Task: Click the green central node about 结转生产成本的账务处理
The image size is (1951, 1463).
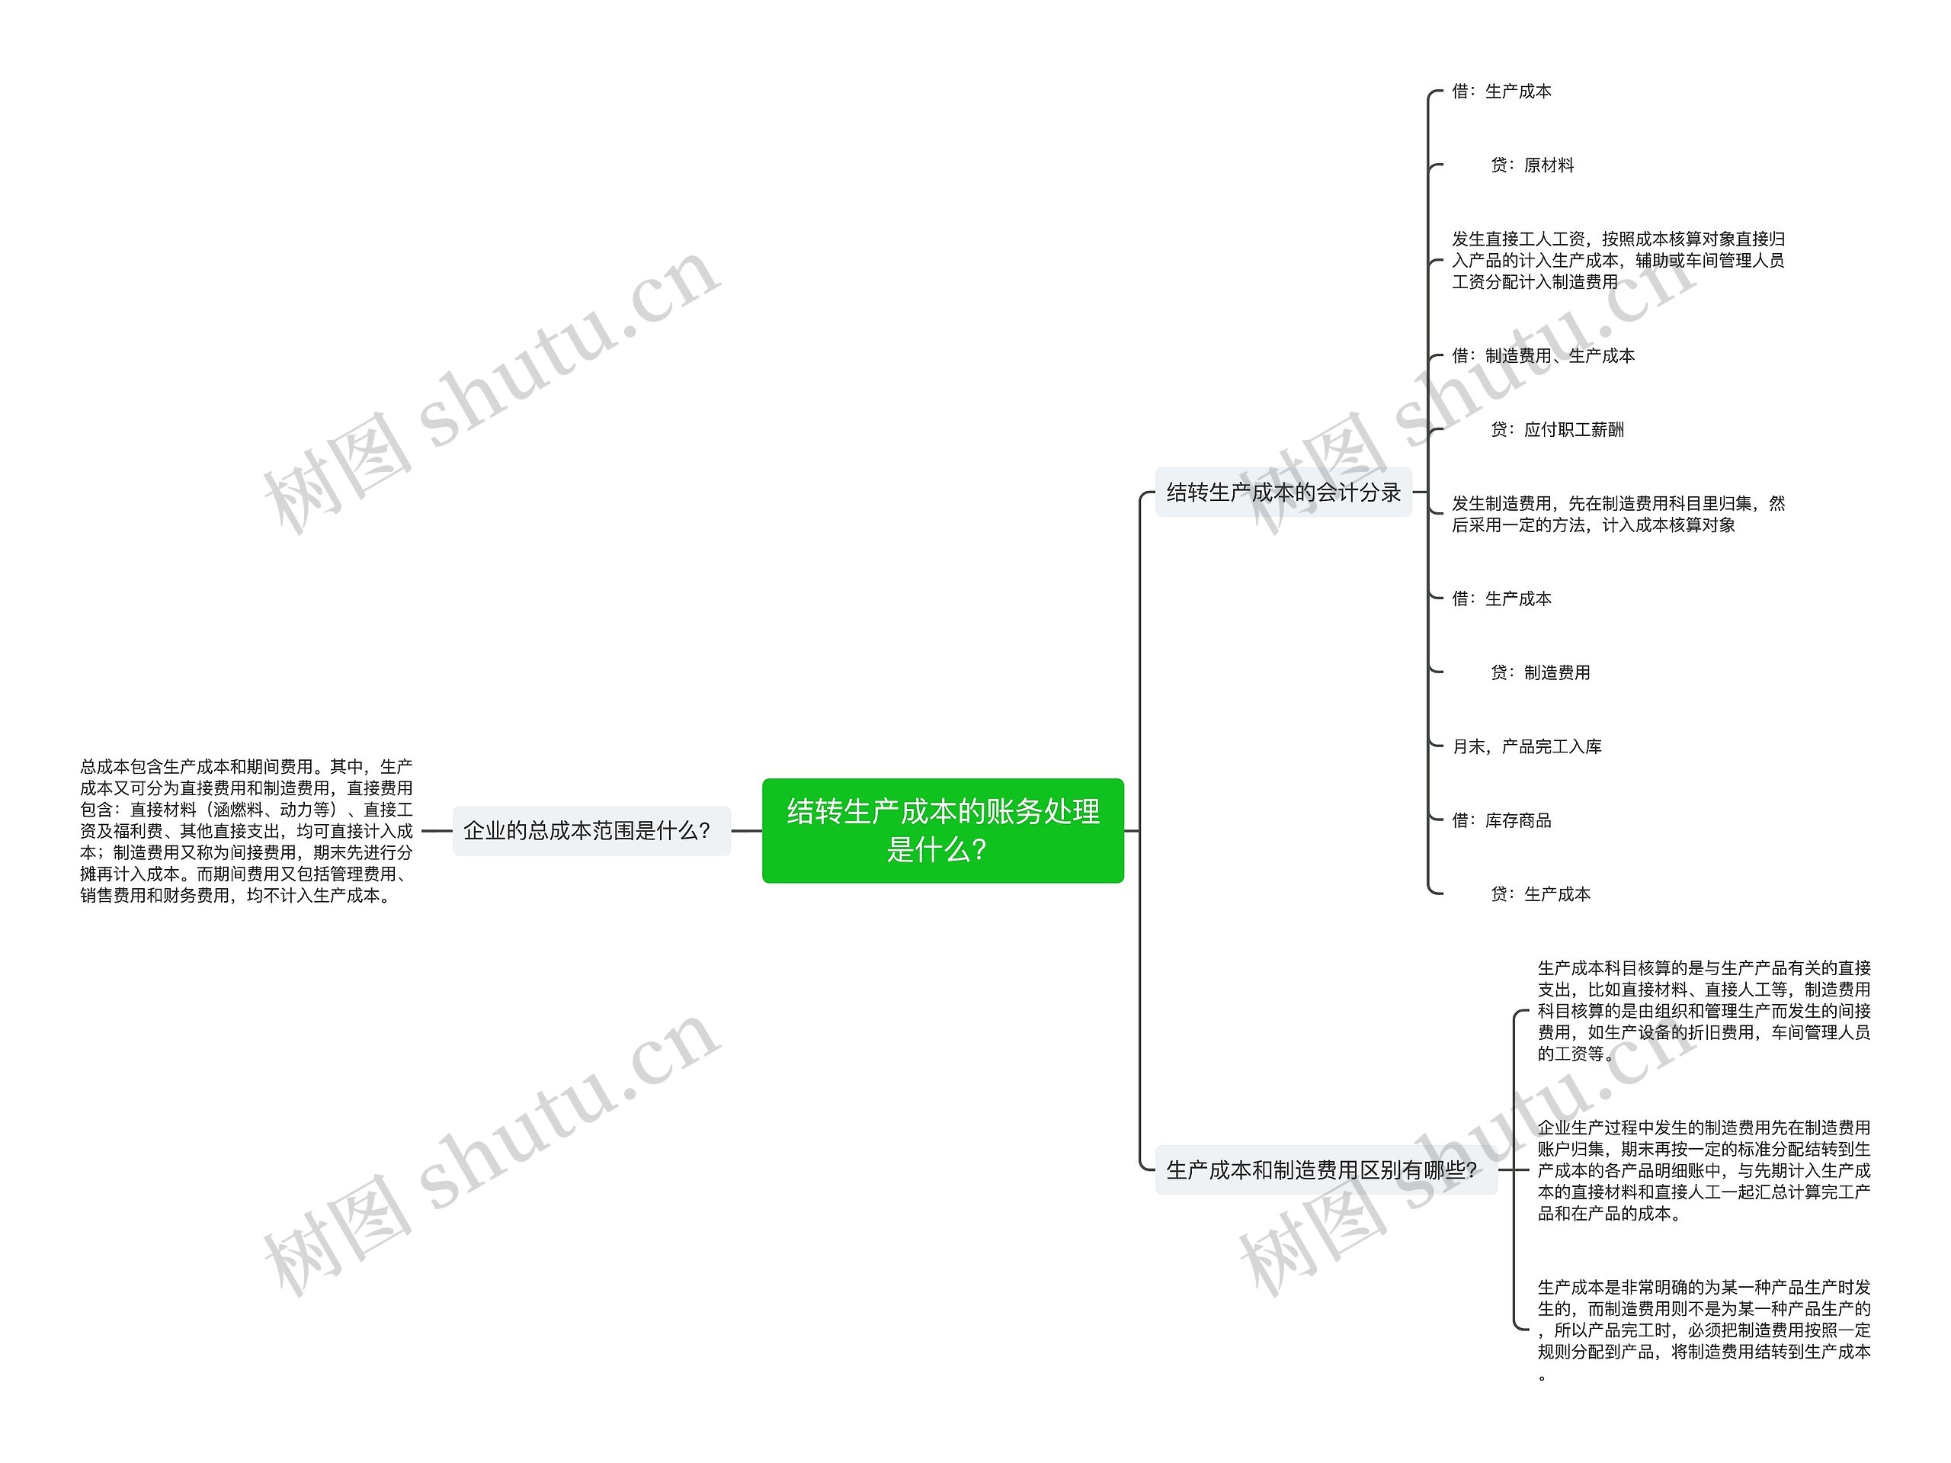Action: click(942, 829)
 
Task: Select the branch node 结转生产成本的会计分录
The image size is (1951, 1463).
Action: click(1283, 492)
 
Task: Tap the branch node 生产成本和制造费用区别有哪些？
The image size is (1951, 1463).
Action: click(1325, 1170)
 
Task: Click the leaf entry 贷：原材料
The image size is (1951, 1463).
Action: click(1531, 165)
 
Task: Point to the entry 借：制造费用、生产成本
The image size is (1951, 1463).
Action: click(1543, 355)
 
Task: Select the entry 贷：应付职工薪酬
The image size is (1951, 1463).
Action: click(1557, 430)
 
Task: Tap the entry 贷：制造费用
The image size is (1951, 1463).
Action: click(1540, 672)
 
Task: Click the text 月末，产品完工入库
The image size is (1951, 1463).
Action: click(1526, 746)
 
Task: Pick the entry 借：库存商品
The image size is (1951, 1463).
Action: click(1501, 820)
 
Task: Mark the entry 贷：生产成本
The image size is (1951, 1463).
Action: click(1540, 894)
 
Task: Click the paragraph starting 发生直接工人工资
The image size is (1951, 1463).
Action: click(1618, 260)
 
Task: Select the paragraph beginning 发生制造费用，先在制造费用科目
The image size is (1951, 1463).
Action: click(1618, 514)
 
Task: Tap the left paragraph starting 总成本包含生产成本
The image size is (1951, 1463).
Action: click(246, 830)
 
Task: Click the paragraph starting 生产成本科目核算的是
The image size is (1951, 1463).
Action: click(1703, 1010)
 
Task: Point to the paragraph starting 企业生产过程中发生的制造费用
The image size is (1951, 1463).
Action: click(1703, 1170)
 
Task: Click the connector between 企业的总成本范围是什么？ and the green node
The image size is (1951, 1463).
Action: click(746, 830)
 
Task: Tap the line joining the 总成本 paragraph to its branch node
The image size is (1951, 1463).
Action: click(437, 830)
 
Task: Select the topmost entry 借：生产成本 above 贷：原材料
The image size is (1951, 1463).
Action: click(1501, 91)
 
